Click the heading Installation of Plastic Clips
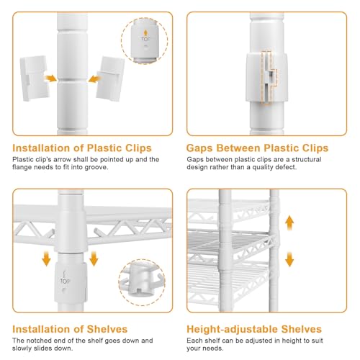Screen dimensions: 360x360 point(82,148)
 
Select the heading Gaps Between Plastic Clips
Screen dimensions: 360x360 point(257,148)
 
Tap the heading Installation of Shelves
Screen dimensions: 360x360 point(70,329)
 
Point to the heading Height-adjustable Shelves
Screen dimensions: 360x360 point(254,329)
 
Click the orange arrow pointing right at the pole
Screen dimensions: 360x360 point(50,78)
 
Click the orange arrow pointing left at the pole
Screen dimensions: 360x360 point(94,78)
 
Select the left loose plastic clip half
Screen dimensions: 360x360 point(35,78)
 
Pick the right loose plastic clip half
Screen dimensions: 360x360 point(110,78)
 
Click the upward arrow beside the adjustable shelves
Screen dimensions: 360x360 point(289,223)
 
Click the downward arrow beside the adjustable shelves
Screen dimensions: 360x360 point(289,259)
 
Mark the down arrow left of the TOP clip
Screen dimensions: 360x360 point(46,258)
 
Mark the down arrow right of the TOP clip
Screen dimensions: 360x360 point(94,258)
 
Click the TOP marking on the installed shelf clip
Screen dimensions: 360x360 point(65,281)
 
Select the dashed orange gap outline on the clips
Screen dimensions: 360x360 point(269,78)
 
